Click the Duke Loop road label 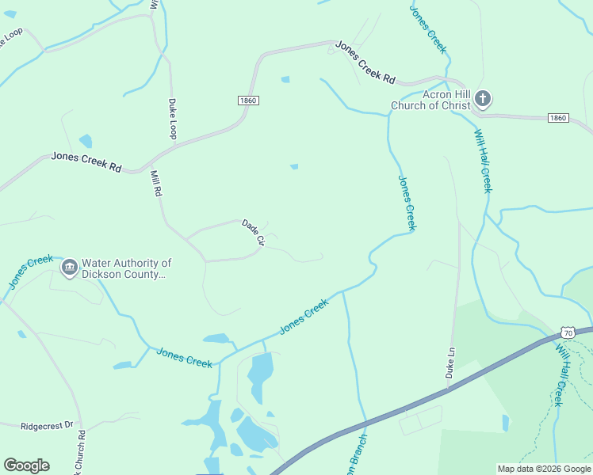click(172, 118)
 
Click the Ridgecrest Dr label click(47, 425)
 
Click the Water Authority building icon click(70, 268)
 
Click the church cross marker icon click(482, 100)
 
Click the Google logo click(26, 465)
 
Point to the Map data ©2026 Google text click(544, 469)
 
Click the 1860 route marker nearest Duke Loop click(248, 101)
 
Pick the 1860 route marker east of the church click(558, 118)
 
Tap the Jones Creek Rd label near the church click(365, 62)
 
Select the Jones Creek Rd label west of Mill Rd click(86, 161)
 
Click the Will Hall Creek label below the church click(483, 161)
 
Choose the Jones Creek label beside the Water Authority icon click(30, 271)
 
